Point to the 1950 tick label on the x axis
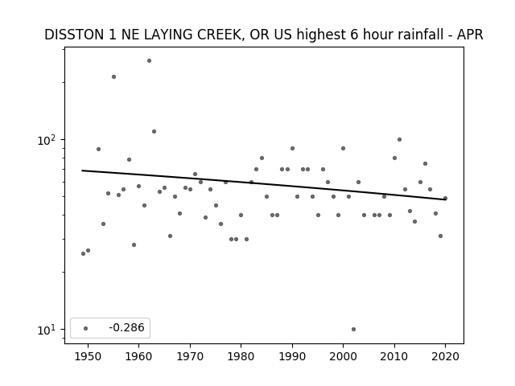[x=88, y=356]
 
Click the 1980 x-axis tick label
[x=241, y=356]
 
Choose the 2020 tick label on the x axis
[x=445, y=356]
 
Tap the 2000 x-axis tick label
[x=344, y=356]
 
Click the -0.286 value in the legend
[x=126, y=327]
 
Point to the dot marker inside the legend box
[x=86, y=328]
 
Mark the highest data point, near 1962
[x=149, y=61]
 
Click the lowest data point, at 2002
[x=353, y=329]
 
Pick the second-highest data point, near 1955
[x=113, y=77]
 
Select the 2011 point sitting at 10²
[x=399, y=139]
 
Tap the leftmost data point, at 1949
[x=83, y=254]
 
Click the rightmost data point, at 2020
[x=445, y=199]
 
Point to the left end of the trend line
[x=82, y=170]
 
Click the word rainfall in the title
[x=423, y=35]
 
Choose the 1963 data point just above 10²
[x=154, y=132]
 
